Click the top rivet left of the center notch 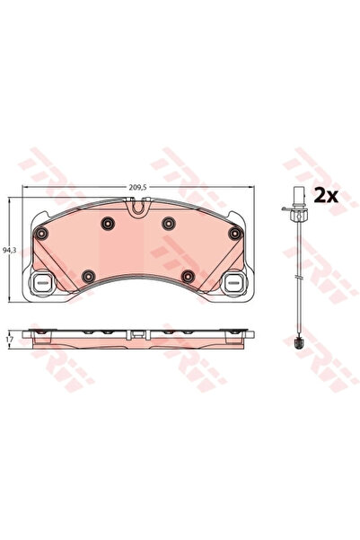pyautogui.click(x=108, y=224)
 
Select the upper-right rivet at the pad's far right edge pyautogui.click(x=234, y=233)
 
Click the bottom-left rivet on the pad pyautogui.click(x=88, y=276)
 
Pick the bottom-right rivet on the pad pyautogui.click(x=188, y=276)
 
